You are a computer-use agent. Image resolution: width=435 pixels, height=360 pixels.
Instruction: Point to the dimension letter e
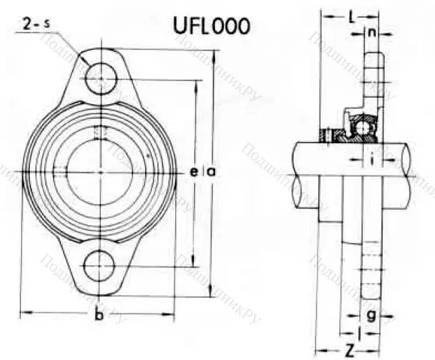point(195,173)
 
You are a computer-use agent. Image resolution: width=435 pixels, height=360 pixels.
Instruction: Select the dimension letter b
point(99,316)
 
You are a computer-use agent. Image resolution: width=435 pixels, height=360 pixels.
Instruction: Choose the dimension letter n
point(372,32)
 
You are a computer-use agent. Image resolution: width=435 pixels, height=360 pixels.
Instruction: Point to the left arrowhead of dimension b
point(23,314)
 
